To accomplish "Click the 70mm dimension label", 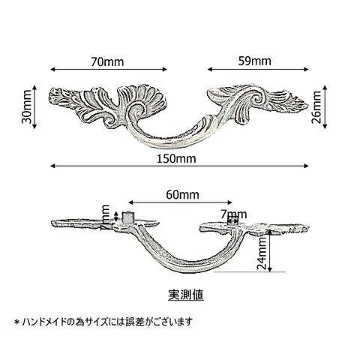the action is [107, 61].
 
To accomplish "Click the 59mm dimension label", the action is [254, 61].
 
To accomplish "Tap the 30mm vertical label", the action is [26, 106].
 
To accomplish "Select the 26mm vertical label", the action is [316, 107].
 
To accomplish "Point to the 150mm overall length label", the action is [176, 159].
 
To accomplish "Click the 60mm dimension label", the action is [182, 195].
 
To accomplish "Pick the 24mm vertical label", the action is [262, 253].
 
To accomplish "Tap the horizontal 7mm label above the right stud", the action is [234, 214].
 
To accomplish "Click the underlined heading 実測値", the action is [186, 295].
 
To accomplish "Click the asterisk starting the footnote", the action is [17, 322].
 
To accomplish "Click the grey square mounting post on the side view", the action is [128, 217].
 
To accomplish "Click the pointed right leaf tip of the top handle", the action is [307, 106].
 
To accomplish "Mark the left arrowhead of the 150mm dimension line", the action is [52, 166].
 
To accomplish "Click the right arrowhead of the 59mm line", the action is [307, 69].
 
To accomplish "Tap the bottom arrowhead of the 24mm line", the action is [269, 269].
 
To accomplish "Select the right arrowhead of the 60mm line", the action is [230, 202].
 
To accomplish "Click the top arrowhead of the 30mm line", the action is [34, 87].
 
